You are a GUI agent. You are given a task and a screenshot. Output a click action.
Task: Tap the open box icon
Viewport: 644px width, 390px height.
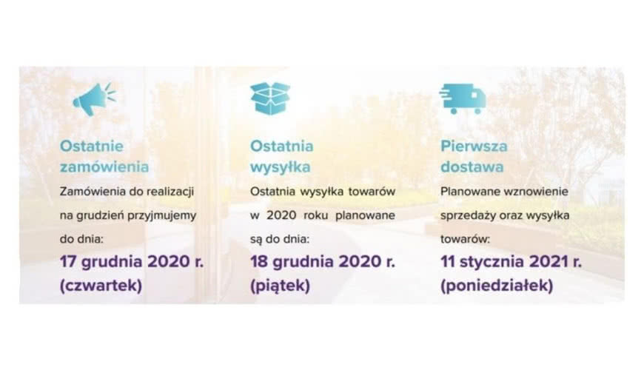(270, 98)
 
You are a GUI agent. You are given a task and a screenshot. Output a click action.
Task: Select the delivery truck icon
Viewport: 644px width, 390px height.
(462, 98)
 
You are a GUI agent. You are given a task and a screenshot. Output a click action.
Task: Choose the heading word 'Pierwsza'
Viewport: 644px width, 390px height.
(474, 146)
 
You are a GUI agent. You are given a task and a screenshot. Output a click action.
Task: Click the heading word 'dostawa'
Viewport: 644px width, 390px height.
(472, 167)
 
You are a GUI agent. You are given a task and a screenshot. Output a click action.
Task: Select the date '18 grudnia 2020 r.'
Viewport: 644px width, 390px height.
(322, 262)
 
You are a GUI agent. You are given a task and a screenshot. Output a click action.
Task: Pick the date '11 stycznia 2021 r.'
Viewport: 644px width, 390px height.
(511, 262)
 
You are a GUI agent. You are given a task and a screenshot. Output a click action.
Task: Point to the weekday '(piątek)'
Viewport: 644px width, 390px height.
(280, 286)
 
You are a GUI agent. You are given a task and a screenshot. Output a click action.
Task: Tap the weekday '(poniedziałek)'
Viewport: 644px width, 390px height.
(496, 286)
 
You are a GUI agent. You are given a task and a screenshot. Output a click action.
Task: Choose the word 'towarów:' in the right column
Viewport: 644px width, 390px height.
(464, 239)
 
